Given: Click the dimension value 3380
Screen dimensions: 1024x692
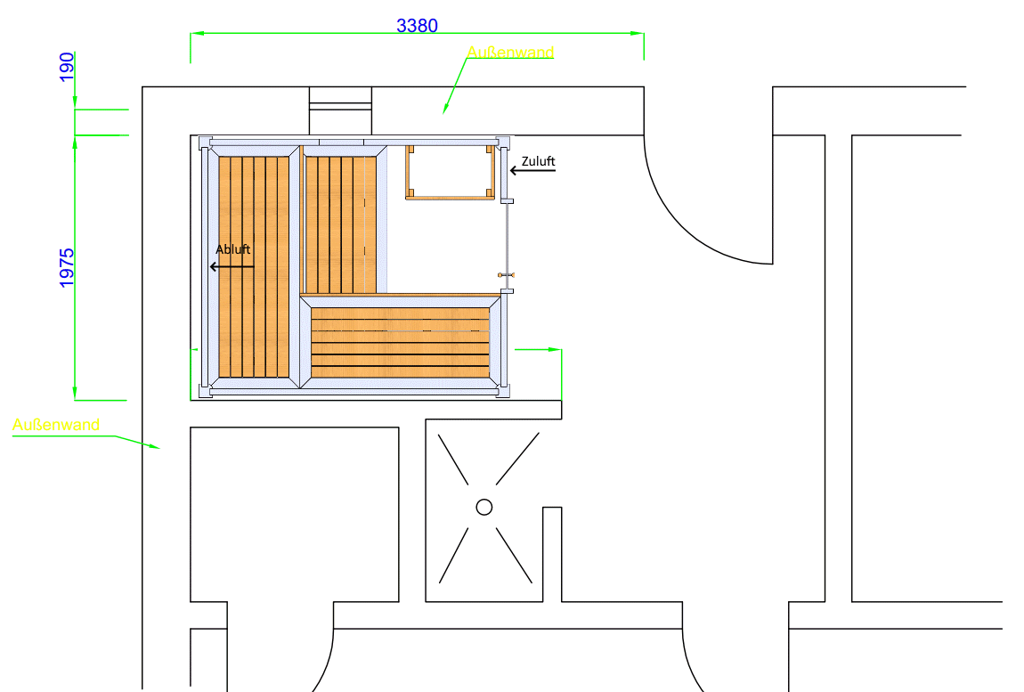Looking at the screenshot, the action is (x=417, y=26).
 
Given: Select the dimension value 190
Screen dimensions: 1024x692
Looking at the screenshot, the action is (x=67, y=68).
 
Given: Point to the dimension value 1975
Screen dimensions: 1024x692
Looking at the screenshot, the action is (x=67, y=268).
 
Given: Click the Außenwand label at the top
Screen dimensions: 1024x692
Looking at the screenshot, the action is (x=510, y=52).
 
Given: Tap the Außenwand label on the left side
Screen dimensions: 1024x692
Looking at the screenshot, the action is (x=56, y=425).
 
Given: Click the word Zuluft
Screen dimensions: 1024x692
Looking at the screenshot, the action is (x=538, y=160).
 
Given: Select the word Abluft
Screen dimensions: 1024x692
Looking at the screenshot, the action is (x=232, y=249).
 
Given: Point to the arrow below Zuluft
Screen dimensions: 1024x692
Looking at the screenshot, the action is (x=532, y=170).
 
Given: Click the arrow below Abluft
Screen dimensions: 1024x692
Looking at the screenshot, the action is (x=232, y=266).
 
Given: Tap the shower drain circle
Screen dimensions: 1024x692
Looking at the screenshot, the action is (x=484, y=507).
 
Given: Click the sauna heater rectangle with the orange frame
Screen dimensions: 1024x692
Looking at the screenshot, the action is (x=450, y=172).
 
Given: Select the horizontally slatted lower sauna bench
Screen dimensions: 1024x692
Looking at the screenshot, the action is (x=401, y=342).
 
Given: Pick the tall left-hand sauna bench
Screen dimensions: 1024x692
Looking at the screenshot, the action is (x=254, y=266).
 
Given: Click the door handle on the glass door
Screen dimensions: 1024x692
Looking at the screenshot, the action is (x=506, y=275).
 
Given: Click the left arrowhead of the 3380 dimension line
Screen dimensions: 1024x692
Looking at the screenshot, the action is (x=197, y=33).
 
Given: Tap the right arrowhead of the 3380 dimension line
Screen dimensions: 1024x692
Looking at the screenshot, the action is (x=637, y=33).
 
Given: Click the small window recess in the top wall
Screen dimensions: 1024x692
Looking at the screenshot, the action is (x=340, y=110).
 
